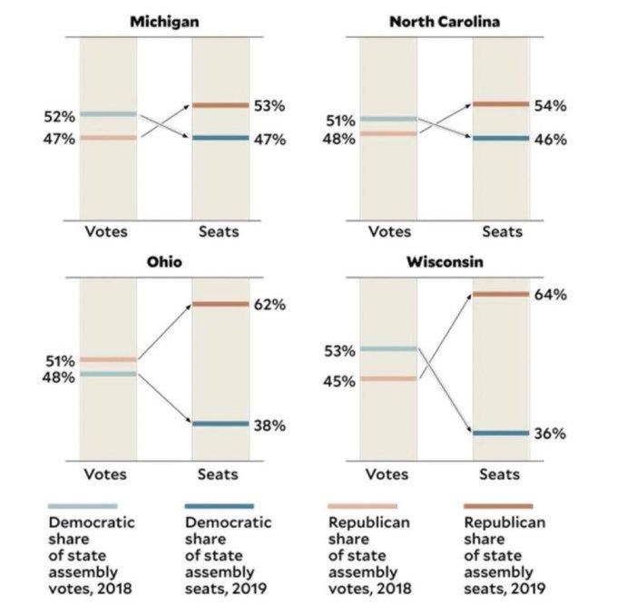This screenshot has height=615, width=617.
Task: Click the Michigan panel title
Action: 164,21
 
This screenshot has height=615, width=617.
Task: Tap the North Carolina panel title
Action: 445,21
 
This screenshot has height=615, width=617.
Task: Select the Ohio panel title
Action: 164,262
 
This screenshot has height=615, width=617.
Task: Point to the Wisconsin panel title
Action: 445,262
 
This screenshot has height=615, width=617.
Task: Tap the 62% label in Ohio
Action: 269,305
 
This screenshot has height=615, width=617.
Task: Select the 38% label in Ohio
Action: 269,425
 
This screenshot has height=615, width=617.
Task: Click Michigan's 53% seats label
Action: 269,106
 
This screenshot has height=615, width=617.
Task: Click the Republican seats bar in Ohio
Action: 220,304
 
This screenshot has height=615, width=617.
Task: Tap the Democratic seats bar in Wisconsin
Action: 501,433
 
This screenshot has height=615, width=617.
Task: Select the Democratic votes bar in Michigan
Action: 108,114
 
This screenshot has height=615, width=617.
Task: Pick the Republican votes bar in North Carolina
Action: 388,133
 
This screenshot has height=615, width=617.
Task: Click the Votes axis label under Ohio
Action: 106,473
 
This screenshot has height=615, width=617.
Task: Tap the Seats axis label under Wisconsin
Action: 500,473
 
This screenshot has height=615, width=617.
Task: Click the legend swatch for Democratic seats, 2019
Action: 219,505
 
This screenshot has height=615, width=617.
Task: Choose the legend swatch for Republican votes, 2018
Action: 361,505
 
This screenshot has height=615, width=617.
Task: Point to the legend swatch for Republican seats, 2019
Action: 498,505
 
